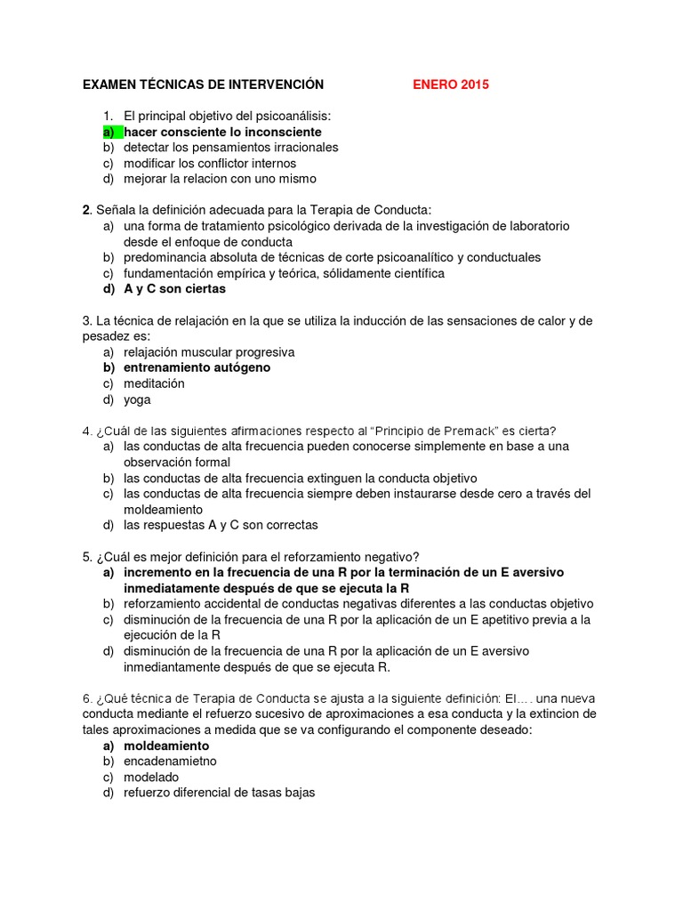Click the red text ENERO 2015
pos(450,85)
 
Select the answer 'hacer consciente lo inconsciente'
pos(222,132)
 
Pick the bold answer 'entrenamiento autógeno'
pos(197,367)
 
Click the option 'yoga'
pos(137,399)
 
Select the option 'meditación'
pos(154,383)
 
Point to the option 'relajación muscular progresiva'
pos(209,352)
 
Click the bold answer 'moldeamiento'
pos(166,746)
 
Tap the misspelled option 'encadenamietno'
pos(170,762)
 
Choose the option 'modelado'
pos(151,778)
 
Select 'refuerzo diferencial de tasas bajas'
pos(220,793)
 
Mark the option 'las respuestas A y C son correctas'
pos(221,525)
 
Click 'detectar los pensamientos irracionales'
pos(230,148)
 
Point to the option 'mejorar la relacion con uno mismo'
pos(220,179)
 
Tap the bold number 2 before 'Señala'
pos(85,210)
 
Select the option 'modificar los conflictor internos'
pos(210,164)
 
